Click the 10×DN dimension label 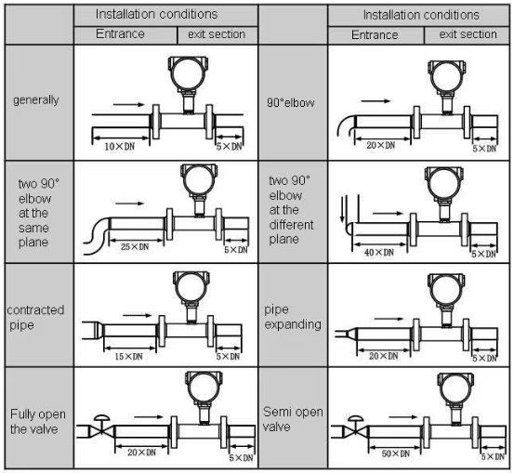click(x=119, y=147)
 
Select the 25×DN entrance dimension click(x=135, y=246)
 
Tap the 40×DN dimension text click(x=379, y=253)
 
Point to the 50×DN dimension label click(x=396, y=453)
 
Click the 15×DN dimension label click(x=128, y=356)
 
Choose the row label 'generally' click(x=36, y=100)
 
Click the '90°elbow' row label click(x=291, y=102)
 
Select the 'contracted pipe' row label click(x=35, y=317)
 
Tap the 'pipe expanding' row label click(x=293, y=317)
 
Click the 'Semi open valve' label click(x=293, y=419)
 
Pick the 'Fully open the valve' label click(x=38, y=421)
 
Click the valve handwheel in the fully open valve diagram click(x=101, y=418)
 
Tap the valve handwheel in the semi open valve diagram click(x=355, y=418)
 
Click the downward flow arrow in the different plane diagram click(x=343, y=208)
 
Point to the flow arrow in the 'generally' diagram click(x=128, y=105)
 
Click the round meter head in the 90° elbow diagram click(x=446, y=77)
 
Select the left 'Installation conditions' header click(x=157, y=14)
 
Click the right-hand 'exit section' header click(x=468, y=34)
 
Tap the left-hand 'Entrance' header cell click(x=125, y=34)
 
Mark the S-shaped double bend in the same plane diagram click(x=96, y=236)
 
